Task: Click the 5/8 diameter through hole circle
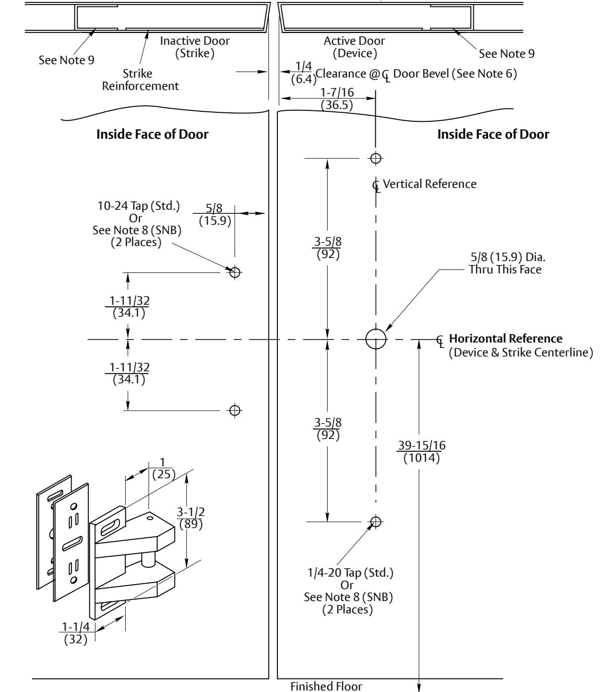point(376,329)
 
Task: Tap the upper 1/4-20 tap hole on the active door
point(376,158)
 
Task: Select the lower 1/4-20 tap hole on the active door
point(376,521)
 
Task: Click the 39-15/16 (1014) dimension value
point(422,452)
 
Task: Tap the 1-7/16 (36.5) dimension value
point(337,98)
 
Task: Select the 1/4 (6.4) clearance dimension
point(304,73)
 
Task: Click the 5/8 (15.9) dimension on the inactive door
point(214,214)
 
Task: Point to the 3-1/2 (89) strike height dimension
point(191,518)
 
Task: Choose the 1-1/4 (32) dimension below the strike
point(76,633)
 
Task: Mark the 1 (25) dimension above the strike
point(164,468)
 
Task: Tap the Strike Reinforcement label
point(140,80)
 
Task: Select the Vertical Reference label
point(430,183)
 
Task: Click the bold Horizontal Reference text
point(506,338)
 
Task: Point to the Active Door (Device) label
point(354,47)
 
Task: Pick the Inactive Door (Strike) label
point(195,47)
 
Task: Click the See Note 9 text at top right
point(507,53)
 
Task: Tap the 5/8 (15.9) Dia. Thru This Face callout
point(507,263)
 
